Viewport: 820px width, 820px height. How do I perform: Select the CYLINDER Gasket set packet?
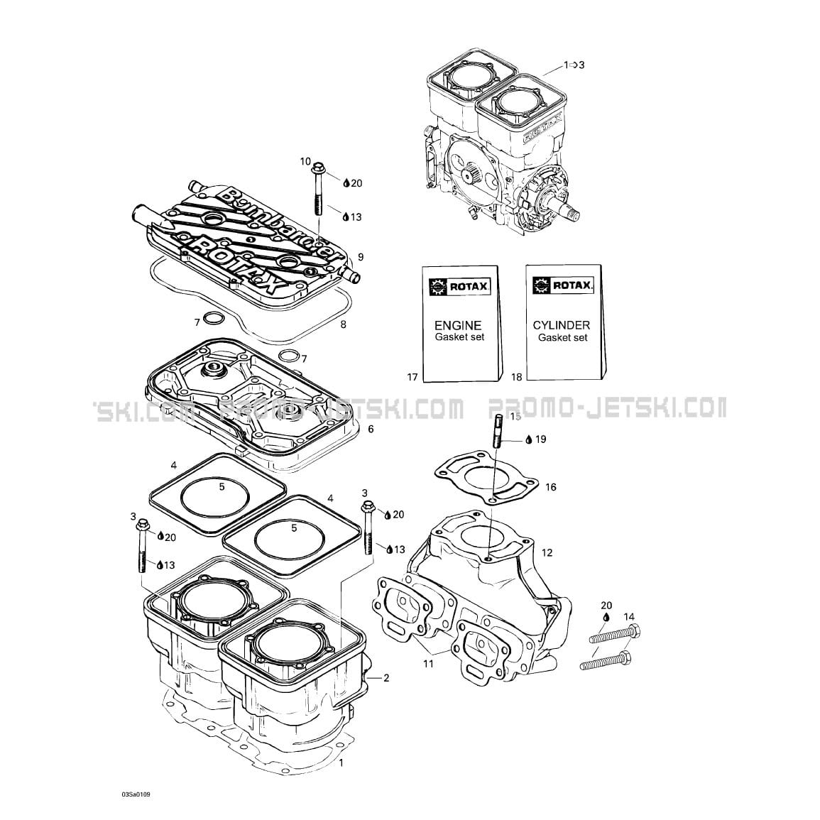[563, 323]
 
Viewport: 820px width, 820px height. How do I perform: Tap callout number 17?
[412, 377]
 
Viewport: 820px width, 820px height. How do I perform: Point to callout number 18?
[516, 377]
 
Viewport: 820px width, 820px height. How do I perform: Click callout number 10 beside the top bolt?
[305, 162]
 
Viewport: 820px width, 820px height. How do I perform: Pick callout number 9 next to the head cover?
[361, 256]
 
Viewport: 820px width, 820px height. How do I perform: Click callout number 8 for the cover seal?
[343, 325]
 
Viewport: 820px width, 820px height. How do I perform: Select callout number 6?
[370, 430]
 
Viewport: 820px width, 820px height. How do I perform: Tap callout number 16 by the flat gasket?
[551, 487]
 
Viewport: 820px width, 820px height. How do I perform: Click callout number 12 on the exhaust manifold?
[547, 552]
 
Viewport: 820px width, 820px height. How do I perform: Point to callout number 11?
[428, 663]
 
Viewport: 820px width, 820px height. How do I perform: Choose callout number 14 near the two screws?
[629, 617]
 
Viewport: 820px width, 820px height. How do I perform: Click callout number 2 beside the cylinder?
[386, 678]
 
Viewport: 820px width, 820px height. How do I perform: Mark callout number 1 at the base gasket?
[341, 763]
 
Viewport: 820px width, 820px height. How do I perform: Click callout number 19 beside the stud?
[540, 439]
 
